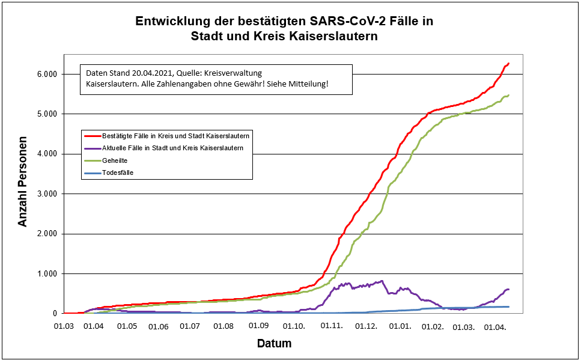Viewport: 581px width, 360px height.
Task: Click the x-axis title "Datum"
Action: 274,344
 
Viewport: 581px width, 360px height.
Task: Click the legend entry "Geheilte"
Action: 115,160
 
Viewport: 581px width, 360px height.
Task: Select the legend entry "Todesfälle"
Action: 118,172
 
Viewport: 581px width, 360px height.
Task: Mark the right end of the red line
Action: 508,63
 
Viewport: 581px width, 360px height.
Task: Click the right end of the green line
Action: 508,95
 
